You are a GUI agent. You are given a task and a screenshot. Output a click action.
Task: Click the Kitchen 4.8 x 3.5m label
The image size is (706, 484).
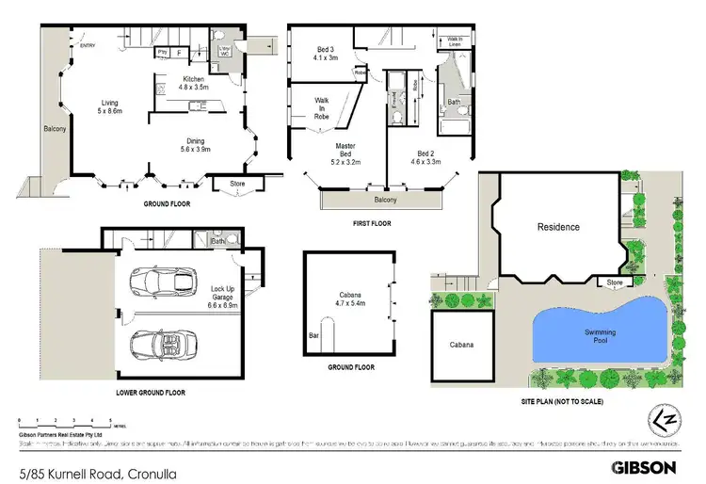194,83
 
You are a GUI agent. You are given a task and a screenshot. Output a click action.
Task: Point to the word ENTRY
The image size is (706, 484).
88,45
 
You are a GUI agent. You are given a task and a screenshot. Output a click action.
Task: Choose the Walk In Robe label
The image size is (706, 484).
322,108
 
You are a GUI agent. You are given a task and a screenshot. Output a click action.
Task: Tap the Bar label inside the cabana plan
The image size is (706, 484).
313,334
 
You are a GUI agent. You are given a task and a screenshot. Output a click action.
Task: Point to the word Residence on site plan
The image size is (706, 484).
558,227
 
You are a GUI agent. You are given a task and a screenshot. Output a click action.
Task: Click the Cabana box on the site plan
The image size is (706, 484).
460,345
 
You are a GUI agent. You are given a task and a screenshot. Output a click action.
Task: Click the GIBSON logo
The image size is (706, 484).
643,466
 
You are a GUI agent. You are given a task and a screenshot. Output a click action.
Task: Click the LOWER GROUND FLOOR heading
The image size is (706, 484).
150,392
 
